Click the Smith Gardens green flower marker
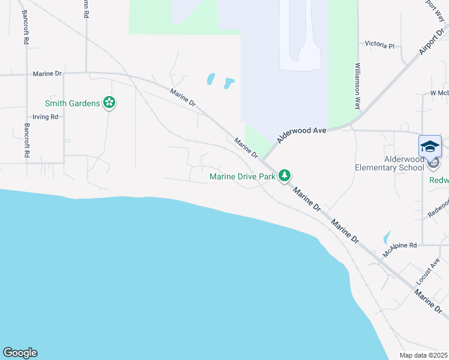(109, 103)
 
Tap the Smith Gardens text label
(71, 103)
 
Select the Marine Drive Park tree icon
(285, 176)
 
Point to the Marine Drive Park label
(242, 176)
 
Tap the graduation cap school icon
(430, 147)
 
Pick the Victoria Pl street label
(380, 45)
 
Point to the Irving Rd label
(45, 117)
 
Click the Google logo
(20, 353)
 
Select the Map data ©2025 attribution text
(423, 355)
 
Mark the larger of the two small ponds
(229, 83)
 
